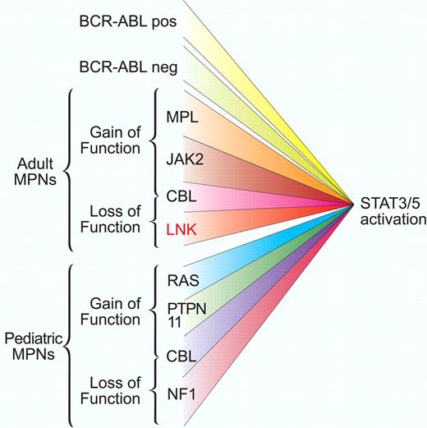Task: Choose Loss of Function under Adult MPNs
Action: [x=112, y=209]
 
